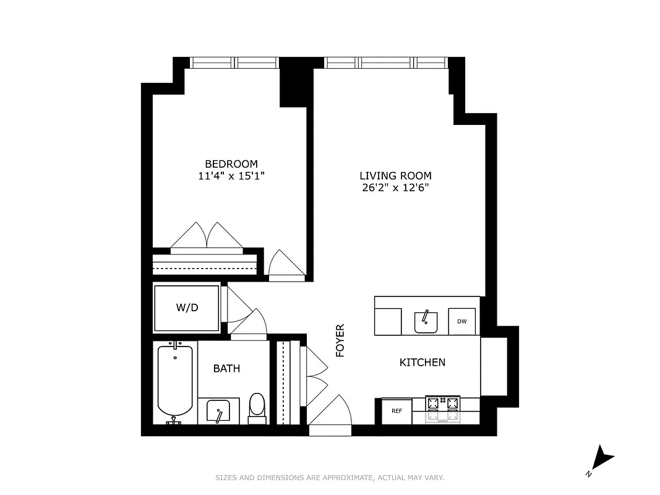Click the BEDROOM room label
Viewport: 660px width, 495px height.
231,164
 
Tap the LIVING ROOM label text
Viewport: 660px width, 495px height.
395,176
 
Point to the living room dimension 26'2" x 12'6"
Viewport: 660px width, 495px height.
395,187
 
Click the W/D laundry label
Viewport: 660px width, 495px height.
187,308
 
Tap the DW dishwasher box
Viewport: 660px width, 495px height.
461,321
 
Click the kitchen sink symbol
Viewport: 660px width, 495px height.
426,321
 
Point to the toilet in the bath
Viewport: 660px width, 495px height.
256,407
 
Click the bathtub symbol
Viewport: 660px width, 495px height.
175,381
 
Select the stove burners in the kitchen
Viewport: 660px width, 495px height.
444,404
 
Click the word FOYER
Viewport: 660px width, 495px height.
340,340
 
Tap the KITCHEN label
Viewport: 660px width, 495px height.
422,363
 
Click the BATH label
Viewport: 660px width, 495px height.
226,369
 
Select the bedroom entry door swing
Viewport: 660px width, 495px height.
286,265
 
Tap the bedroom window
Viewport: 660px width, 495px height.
234,62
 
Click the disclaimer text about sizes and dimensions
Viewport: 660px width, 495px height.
330,478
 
